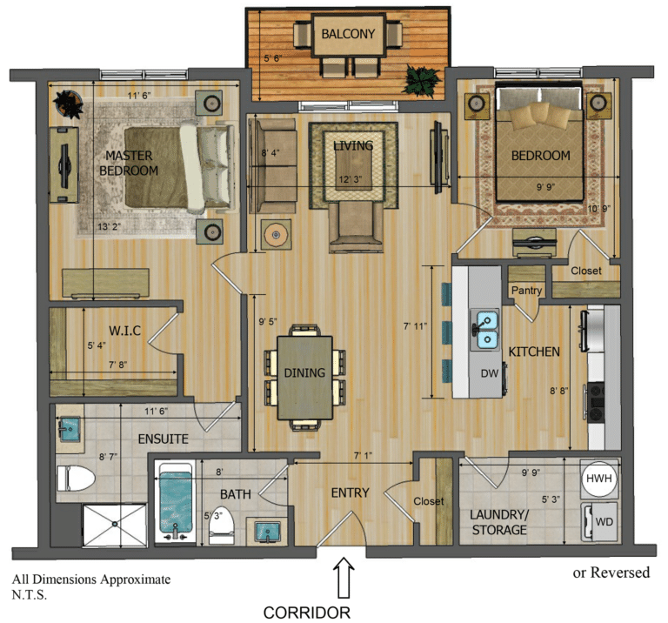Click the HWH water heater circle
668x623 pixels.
click(599, 479)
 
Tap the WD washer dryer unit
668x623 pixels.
click(600, 521)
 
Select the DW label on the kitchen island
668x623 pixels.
click(489, 374)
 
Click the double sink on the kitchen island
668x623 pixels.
click(485, 330)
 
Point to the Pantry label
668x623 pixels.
click(526, 291)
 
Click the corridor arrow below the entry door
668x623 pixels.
click(344, 578)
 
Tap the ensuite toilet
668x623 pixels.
click(76, 478)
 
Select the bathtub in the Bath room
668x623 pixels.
click(175, 502)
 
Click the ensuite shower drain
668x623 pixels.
click(115, 523)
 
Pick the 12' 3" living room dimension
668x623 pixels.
click(350, 179)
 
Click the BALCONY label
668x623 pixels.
click(348, 34)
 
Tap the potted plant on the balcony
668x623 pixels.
click(421, 80)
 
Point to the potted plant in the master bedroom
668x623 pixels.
click(68, 104)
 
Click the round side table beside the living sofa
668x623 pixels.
click(277, 234)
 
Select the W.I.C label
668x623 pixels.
click(124, 331)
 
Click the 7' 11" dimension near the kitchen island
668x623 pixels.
click(416, 326)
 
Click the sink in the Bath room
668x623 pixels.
click(267, 531)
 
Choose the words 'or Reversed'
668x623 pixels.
click(611, 573)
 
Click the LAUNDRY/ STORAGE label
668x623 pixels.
click(499, 522)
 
